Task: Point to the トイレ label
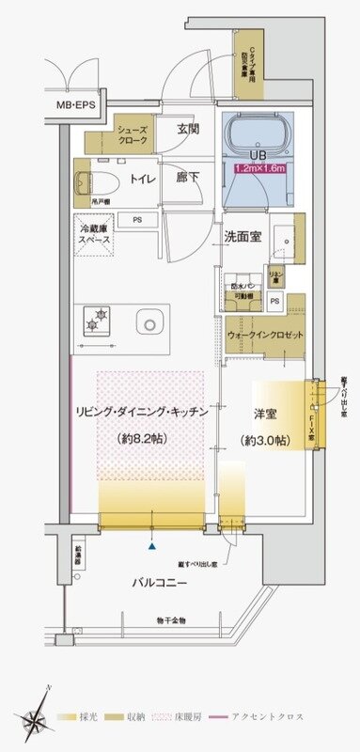click(x=143, y=177)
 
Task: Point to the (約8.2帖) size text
click(x=143, y=438)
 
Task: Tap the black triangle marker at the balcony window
click(x=151, y=544)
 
